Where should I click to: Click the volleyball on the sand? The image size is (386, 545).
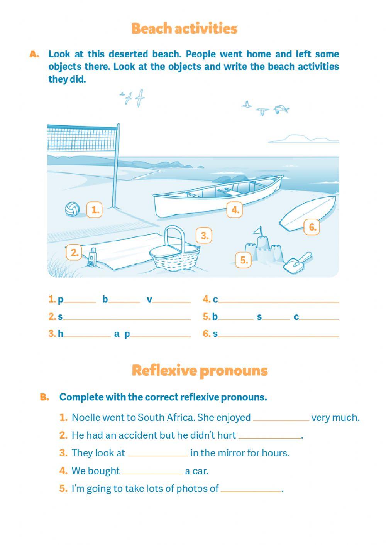72,209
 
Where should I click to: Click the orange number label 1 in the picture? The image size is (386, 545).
95,210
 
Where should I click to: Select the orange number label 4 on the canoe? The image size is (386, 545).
235,210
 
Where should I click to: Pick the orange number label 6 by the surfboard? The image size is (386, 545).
312,227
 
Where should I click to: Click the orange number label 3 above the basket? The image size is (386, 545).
204,235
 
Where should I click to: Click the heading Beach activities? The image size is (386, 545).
184,29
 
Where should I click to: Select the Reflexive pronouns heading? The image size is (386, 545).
200,370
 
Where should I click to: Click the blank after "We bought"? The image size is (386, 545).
152,472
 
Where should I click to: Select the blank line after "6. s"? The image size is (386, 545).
278,335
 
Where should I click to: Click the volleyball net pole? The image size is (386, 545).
115,166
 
